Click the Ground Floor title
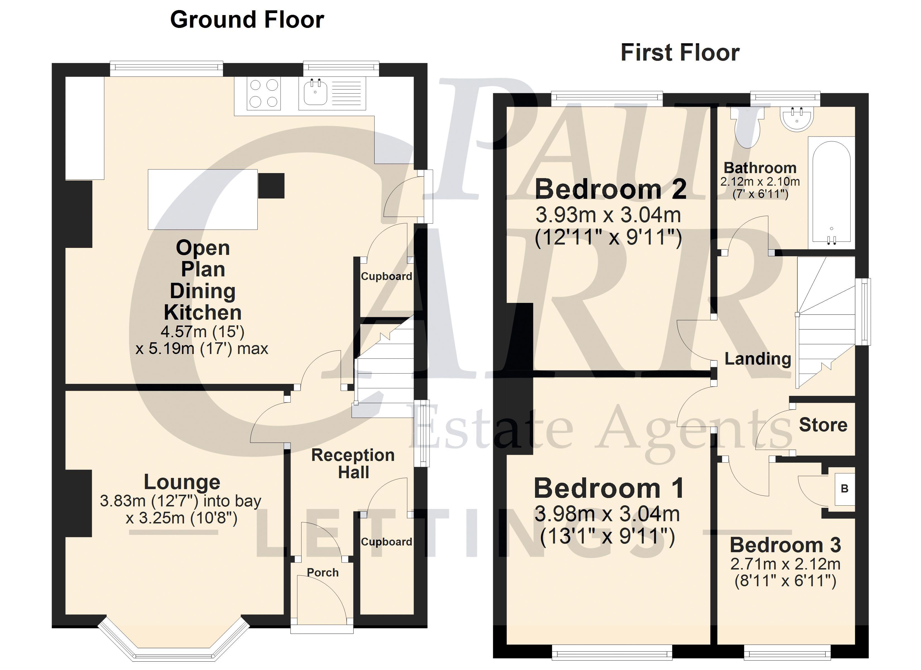[x=247, y=20]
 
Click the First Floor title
[x=680, y=53]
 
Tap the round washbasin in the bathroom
[x=797, y=118]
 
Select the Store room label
[x=823, y=425]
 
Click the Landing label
[x=758, y=359]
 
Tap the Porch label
[x=322, y=573]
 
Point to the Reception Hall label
[x=353, y=464]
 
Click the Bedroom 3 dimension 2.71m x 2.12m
[x=785, y=564]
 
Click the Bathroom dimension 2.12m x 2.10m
[x=760, y=182]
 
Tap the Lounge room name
[x=182, y=482]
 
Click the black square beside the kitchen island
[x=271, y=186]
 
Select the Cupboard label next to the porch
[x=387, y=542]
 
